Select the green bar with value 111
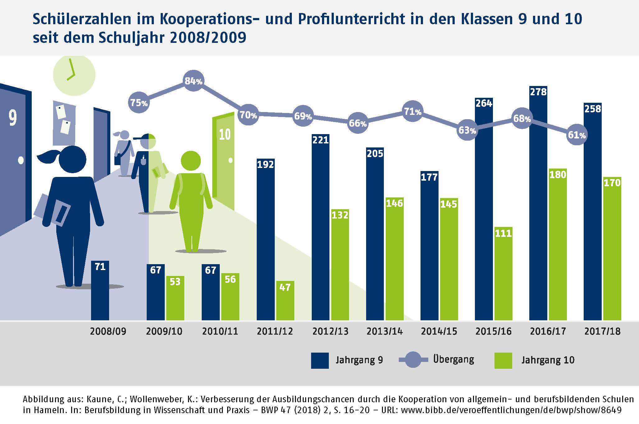click(503, 273)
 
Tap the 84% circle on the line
click(193, 81)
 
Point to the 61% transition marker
click(577, 135)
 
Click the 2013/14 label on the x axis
click(384, 331)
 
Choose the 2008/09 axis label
click(108, 331)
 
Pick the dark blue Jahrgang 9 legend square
click(320, 360)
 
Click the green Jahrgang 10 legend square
click(503, 360)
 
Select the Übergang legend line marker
click(413, 360)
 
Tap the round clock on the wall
click(74, 75)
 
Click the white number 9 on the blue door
click(13, 118)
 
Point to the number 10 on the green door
click(225, 134)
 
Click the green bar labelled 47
click(285, 300)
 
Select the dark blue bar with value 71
click(100, 290)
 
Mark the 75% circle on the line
click(139, 102)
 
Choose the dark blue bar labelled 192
click(265, 239)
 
